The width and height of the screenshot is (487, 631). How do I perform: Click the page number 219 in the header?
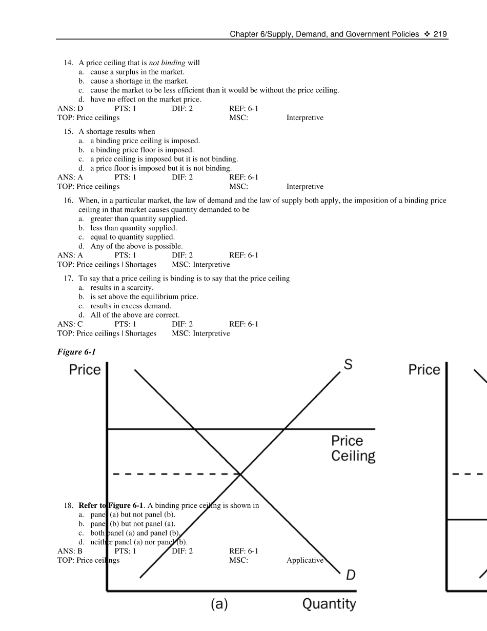click(440, 34)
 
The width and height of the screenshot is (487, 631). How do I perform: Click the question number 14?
click(68, 63)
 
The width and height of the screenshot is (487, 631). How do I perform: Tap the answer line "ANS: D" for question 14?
click(70, 109)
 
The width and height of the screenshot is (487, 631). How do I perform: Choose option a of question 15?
click(145, 141)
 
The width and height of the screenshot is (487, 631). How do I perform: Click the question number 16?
click(68, 201)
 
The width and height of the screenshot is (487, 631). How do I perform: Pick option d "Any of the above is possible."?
click(136, 246)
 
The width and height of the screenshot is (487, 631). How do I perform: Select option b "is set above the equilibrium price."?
click(144, 297)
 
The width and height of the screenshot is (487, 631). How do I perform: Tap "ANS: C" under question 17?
click(70, 324)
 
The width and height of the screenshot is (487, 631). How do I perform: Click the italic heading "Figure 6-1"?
click(76, 352)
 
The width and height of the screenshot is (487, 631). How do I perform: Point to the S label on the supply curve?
click(348, 365)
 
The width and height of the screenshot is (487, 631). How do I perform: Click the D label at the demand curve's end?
click(351, 575)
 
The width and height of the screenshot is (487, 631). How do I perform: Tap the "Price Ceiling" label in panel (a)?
click(353, 448)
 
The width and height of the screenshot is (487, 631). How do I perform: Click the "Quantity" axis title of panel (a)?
click(329, 604)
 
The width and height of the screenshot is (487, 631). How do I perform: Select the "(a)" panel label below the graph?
click(219, 605)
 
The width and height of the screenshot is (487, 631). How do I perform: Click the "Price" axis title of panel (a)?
click(85, 370)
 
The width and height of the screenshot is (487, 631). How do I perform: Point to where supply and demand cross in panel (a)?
click(241, 474)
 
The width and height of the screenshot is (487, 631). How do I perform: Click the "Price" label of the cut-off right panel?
click(424, 370)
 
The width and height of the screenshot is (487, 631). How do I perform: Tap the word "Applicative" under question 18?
click(305, 561)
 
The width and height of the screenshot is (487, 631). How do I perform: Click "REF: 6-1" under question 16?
click(244, 255)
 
